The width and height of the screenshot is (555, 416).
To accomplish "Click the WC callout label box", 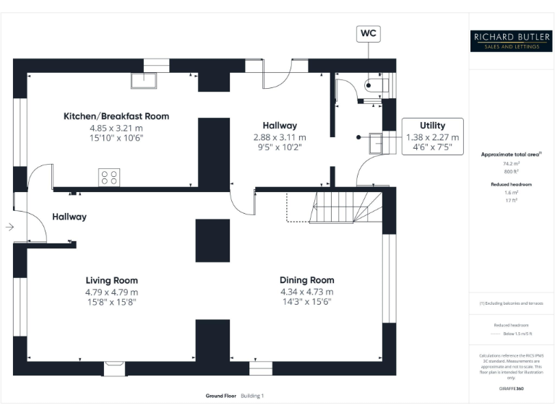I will tap(368, 33).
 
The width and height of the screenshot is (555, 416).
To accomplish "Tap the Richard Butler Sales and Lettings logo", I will tap(511, 40).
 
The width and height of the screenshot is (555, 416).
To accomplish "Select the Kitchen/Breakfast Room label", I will tap(116, 116).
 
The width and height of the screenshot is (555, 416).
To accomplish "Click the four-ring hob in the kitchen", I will tap(109, 176).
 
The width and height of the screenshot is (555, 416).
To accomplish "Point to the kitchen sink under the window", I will tap(144, 79).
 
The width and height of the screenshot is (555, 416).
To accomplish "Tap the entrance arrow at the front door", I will tap(9, 227).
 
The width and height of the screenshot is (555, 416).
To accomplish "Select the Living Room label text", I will tap(111, 280).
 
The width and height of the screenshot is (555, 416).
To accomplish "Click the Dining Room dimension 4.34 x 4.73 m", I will tap(306, 292).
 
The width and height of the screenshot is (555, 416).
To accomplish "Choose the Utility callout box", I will tap(432, 136).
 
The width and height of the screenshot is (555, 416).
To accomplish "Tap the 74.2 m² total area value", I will tap(511, 165).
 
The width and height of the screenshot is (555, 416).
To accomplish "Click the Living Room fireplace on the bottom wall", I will tap(114, 368).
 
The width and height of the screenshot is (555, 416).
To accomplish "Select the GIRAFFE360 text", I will tap(511, 389).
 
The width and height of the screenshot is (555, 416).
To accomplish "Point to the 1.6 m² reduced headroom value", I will tap(511, 194).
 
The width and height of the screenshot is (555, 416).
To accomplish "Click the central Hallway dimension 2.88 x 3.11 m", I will tap(279, 136).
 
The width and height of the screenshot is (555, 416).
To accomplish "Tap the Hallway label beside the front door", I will tap(69, 217).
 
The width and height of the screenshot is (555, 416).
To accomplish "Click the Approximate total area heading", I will tap(509, 155).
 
